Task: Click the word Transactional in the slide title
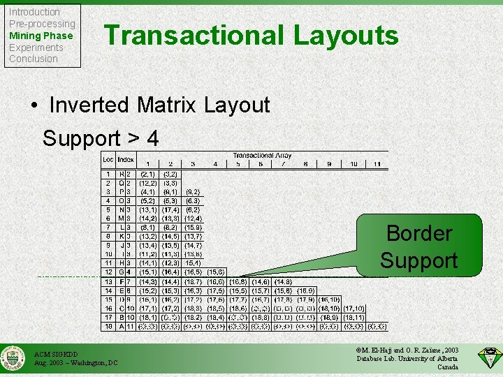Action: click(193, 36)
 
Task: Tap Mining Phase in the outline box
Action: click(41, 36)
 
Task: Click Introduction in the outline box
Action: click(34, 12)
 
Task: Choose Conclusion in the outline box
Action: click(33, 59)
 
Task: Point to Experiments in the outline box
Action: click(36, 47)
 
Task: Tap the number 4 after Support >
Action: click(152, 138)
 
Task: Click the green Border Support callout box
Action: click(418, 246)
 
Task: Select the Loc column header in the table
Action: click(108, 160)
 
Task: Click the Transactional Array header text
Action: click(263, 156)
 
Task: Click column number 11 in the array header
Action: click(376, 164)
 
